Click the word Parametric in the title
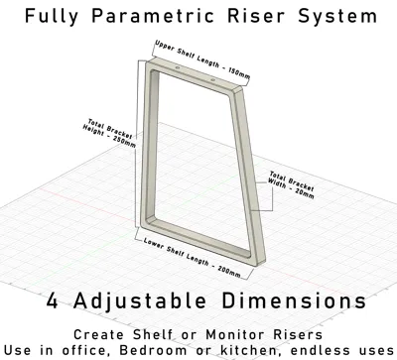153,16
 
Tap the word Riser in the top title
255,16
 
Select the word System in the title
337,17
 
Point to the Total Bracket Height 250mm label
109,133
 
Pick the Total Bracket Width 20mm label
291,184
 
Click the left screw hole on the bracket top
178,67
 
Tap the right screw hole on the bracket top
212,79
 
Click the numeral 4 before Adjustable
53,300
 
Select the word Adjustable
139,301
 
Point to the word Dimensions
294,300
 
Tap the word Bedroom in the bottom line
153,350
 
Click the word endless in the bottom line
322,350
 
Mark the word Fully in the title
52,17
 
